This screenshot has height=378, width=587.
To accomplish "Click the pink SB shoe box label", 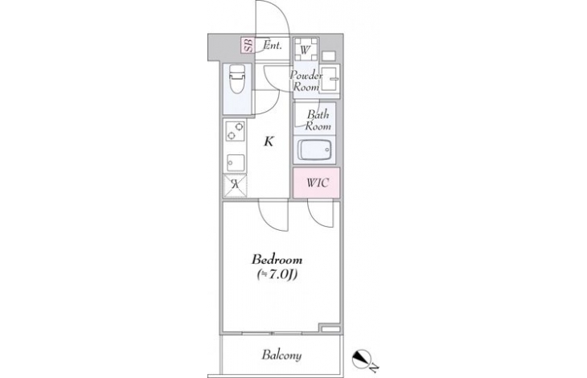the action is click(248, 45).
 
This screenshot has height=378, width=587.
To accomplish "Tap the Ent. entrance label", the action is click(272, 45).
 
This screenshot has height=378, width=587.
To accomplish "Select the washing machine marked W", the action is click(306, 49).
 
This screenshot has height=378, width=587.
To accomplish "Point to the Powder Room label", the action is click(306, 81).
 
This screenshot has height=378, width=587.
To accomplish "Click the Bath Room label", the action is click(318, 120).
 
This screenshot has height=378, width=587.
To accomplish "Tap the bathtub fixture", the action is click(314, 151).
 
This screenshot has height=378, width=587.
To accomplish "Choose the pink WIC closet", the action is click(316, 183).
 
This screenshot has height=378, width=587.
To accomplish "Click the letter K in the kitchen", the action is click(269, 142).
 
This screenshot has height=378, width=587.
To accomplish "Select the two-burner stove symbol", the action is click(235, 130).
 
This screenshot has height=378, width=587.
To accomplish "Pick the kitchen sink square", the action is click(235, 163).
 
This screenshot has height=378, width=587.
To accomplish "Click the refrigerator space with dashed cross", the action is click(235, 185).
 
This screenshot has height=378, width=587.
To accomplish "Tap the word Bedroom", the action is click(277, 259).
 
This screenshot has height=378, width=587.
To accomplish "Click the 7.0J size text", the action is click(277, 275).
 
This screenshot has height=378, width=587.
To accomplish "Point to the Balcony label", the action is click(281, 355).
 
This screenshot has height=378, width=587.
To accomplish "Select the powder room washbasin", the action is click(330, 79).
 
